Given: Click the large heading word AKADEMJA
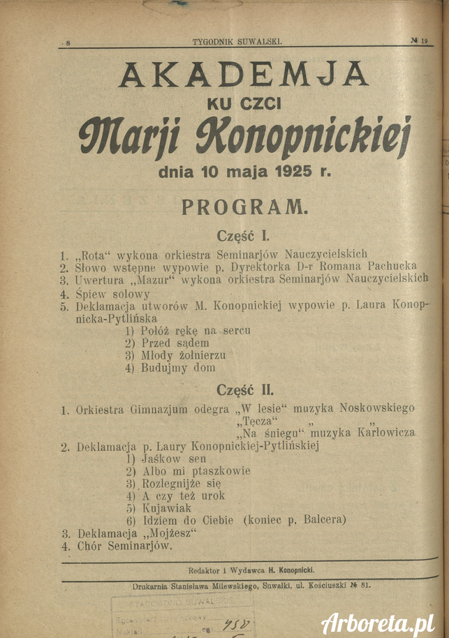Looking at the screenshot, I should click(x=244, y=75).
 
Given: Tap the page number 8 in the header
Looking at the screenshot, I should click(x=68, y=43).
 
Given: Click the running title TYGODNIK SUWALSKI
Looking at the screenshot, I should click(x=237, y=42).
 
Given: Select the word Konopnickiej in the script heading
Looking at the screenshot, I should click(x=324, y=134).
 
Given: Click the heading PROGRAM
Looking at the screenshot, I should click(x=244, y=207).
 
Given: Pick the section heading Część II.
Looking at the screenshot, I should click(x=245, y=390).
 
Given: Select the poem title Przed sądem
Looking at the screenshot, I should click(x=175, y=343).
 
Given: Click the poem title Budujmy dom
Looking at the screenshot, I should click(x=179, y=367).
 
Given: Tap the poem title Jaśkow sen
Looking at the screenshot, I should click(x=174, y=459).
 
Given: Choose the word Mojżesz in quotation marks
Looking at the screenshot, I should click(x=170, y=533).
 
